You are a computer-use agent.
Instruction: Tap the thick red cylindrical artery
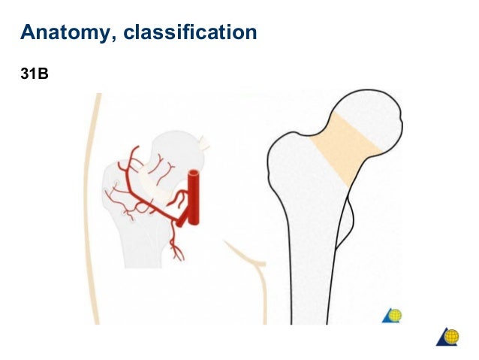[x=194, y=199]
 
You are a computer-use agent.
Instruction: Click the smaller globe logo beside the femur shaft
[x=393, y=316]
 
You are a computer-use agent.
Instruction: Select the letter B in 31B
[x=44, y=75]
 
